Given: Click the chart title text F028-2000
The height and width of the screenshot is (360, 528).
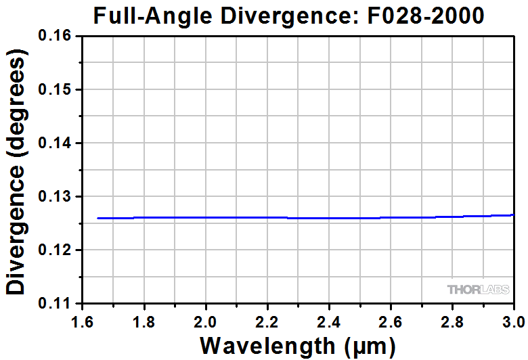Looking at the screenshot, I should click(x=427, y=15).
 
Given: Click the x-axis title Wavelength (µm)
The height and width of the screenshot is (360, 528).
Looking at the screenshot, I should click(x=296, y=345).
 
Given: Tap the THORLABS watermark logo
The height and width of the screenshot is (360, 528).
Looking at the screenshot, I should click(x=477, y=290).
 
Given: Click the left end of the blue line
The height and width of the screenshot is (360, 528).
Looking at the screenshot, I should click(x=99, y=218).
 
